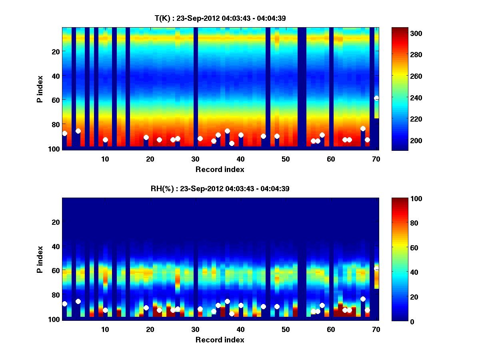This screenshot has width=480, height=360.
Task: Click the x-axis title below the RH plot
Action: [x=220, y=340]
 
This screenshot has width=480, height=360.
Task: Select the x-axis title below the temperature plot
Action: [x=220, y=169]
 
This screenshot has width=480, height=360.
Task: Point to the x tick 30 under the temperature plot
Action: [x=195, y=159]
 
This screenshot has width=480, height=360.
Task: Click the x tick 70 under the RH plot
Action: [x=376, y=329]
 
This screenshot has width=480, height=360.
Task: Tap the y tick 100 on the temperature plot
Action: [x=55, y=149]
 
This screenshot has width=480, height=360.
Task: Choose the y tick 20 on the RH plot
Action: [x=56, y=222]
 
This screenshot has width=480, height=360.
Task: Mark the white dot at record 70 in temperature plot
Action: [x=376, y=98]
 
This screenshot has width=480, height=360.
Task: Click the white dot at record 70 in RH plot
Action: [x=376, y=268]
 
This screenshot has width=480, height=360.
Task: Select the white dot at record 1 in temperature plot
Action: [x=65, y=133]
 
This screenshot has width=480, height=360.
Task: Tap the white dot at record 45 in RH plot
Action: [x=263, y=306]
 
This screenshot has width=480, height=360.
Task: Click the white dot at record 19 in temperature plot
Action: [x=146, y=138]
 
